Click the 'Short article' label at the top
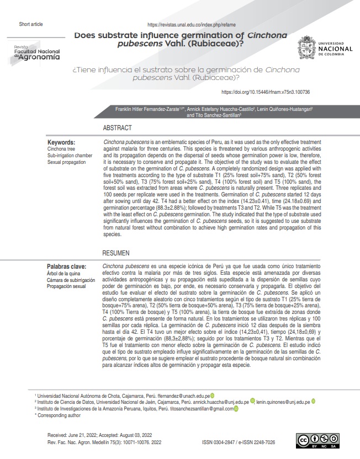coord(30,25)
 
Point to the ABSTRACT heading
coord(117,128)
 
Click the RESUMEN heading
coord(117,253)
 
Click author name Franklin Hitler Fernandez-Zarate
coord(146,109)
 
